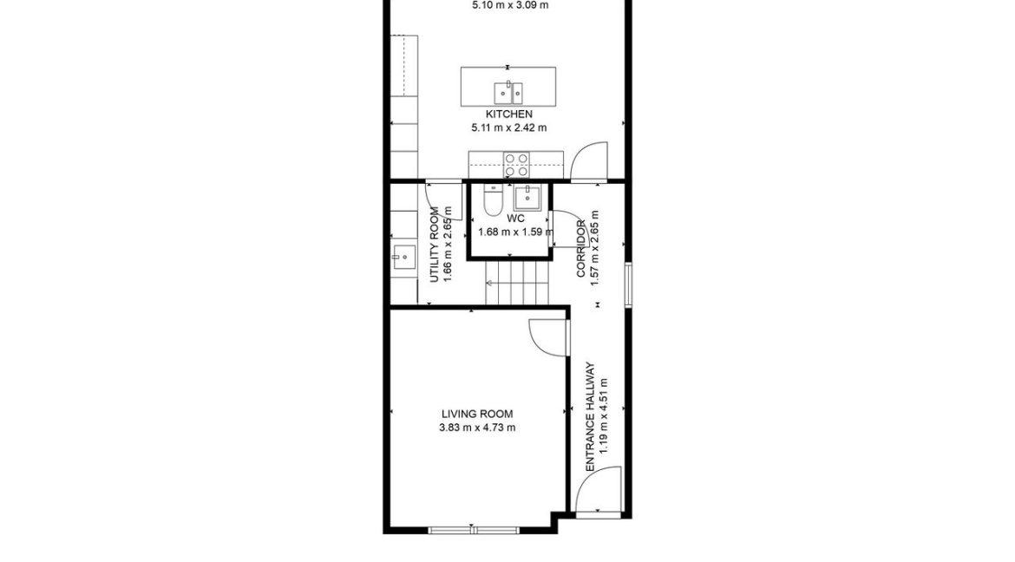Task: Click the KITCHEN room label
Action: (x=508, y=114)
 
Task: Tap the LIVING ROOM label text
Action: (x=477, y=414)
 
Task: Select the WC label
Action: (x=516, y=219)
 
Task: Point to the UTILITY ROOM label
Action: (x=435, y=245)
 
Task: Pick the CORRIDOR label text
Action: (x=581, y=249)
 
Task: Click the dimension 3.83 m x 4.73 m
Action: (x=477, y=428)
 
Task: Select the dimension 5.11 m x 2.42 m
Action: (x=508, y=127)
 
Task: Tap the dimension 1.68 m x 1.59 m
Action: (x=516, y=232)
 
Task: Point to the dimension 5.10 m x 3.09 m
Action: (x=510, y=5)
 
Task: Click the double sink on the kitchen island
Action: (x=508, y=93)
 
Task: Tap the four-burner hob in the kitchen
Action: (x=516, y=165)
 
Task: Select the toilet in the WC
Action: (x=493, y=200)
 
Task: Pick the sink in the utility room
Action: (x=403, y=257)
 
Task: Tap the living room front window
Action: (x=474, y=530)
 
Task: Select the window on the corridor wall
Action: (x=628, y=284)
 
